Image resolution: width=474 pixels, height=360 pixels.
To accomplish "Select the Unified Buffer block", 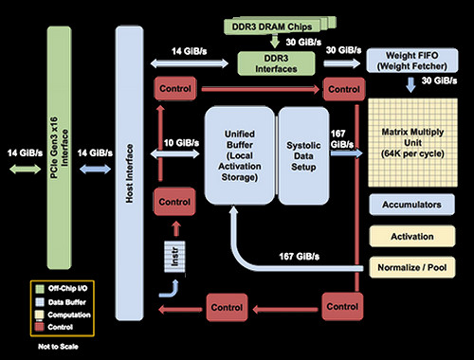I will click(237, 155).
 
